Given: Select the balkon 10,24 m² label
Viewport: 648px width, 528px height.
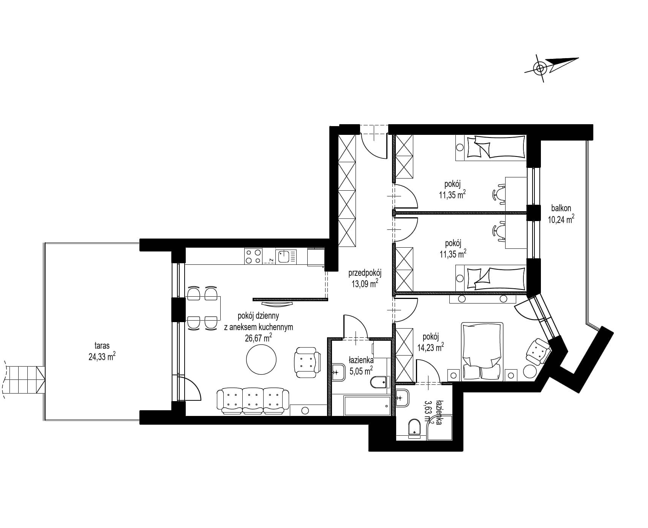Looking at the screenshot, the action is point(561,213).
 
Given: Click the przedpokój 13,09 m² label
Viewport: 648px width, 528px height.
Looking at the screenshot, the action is point(365,278).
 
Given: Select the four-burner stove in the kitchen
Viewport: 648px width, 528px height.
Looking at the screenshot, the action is point(253,256).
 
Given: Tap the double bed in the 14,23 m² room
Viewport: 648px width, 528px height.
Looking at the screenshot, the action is point(482,351).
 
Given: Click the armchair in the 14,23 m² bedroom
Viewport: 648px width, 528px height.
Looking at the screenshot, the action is point(537,351).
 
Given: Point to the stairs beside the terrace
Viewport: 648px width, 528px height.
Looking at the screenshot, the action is point(24,379).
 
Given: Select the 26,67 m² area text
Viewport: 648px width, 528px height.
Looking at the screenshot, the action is point(259,338).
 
